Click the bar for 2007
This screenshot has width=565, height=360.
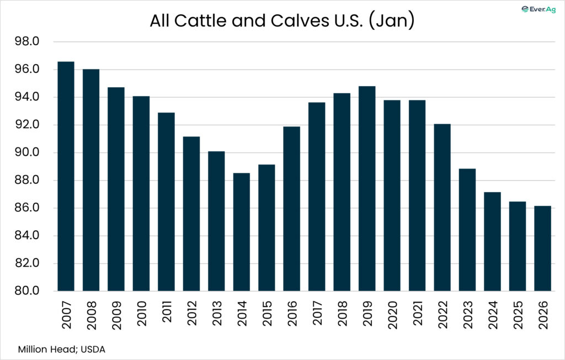click(66, 176)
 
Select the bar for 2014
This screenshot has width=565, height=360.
click(242, 232)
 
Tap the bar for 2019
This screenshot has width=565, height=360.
click(367, 188)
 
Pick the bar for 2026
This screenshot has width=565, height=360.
click(543, 248)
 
